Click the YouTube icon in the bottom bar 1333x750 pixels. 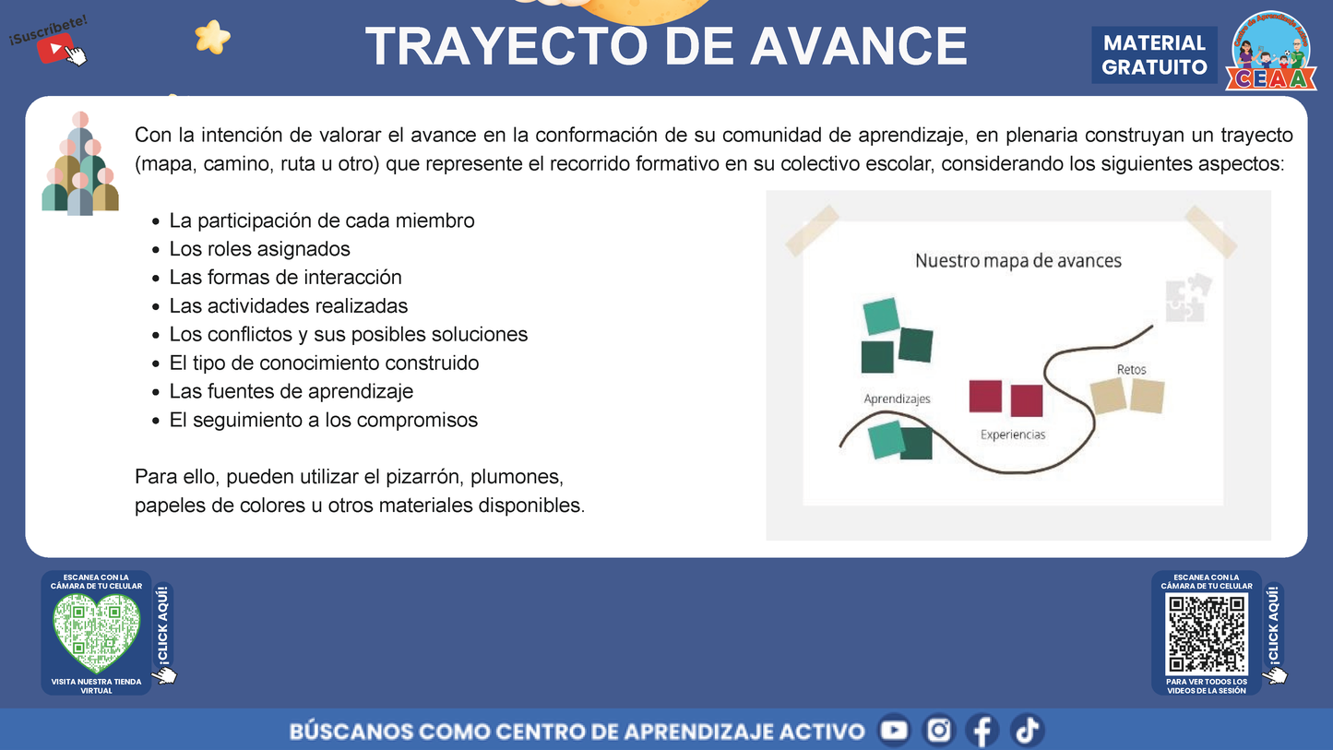[893, 731]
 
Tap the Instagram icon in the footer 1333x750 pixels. [938, 731]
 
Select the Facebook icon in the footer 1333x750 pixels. [982, 731]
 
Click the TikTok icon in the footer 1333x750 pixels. [1027, 731]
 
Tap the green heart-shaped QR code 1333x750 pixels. [96, 633]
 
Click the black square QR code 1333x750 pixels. [1207, 634]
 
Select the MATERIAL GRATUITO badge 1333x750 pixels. [1154, 55]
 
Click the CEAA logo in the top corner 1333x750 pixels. [1272, 52]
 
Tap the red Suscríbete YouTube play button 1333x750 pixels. [55, 48]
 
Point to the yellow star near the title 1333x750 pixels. [212, 37]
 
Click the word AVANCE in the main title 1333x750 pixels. [859, 46]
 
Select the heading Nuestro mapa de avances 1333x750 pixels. [1018, 261]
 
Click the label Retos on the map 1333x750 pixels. [1131, 369]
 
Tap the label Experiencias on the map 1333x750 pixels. [1012, 435]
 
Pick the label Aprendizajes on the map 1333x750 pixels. [897, 399]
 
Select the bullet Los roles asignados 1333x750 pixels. [259, 249]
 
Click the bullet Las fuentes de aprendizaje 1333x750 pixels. [291, 391]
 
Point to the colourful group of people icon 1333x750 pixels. [80, 164]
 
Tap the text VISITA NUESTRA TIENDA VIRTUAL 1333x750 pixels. [96, 685]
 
